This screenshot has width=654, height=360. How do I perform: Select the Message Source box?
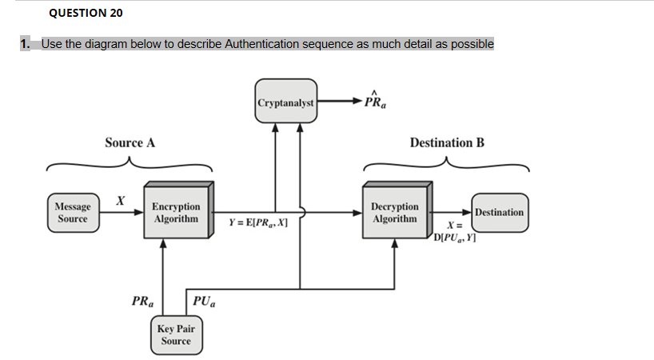(x=72, y=213)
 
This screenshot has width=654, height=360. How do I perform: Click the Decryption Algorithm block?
(x=394, y=213)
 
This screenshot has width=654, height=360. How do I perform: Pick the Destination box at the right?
(x=499, y=212)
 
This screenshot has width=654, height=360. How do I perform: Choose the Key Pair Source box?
(x=175, y=335)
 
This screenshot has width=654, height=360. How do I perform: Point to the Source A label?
(x=130, y=143)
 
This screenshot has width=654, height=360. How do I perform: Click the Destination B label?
(x=446, y=143)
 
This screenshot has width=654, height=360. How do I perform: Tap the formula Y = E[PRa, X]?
(x=257, y=223)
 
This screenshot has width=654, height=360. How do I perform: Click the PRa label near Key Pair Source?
(x=143, y=302)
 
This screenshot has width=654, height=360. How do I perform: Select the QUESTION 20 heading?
(x=86, y=13)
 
